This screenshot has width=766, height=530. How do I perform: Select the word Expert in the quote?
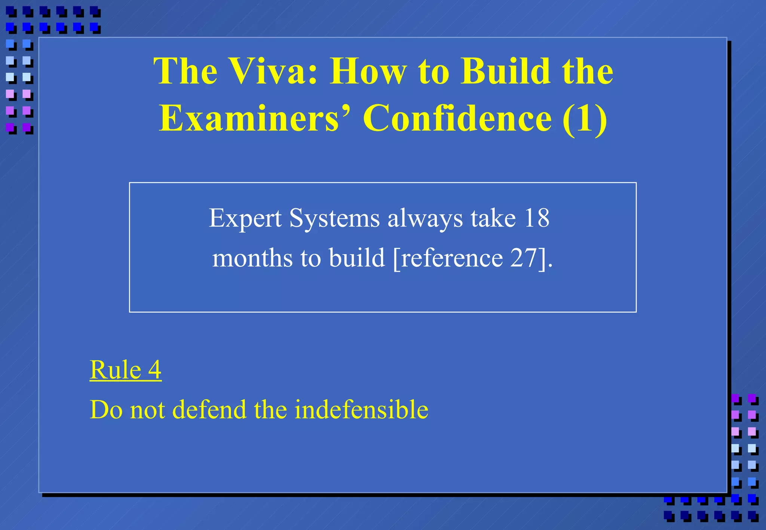tap(245, 218)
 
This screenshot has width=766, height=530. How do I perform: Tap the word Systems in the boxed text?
tap(334, 218)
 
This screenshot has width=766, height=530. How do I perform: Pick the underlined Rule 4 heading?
tap(126, 370)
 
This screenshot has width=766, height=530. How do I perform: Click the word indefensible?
tap(361, 409)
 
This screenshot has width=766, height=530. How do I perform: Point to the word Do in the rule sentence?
tap(106, 409)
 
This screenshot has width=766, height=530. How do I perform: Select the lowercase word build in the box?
tap(357, 258)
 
